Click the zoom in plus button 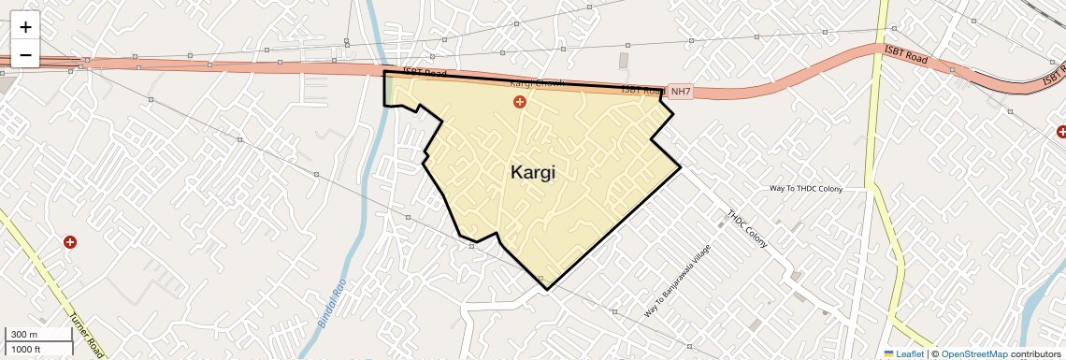(25, 27)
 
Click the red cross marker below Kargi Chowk (520, 101)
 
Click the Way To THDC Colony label (805, 189)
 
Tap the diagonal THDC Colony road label (747, 229)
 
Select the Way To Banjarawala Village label (678, 280)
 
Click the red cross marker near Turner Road (69, 242)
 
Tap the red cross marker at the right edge (1059, 132)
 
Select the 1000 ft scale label (25, 349)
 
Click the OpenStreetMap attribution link (973, 353)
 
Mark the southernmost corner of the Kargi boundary (547, 289)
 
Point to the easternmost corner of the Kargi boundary (680, 167)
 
